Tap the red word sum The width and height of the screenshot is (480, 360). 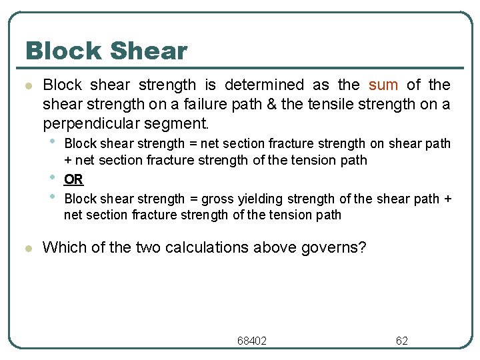pyautogui.click(x=383, y=85)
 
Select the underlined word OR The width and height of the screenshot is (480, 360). pyautogui.click(x=73, y=179)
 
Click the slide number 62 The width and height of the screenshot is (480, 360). pyautogui.click(x=402, y=341)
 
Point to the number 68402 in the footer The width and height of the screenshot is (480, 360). pyautogui.click(x=252, y=341)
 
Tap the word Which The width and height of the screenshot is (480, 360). pyautogui.click(x=62, y=247)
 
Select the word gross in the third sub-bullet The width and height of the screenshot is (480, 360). pyautogui.click(x=217, y=199)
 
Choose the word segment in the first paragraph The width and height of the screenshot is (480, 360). pyautogui.click(x=183, y=123)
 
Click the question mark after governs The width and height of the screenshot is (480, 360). pyautogui.click(x=362, y=247)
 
